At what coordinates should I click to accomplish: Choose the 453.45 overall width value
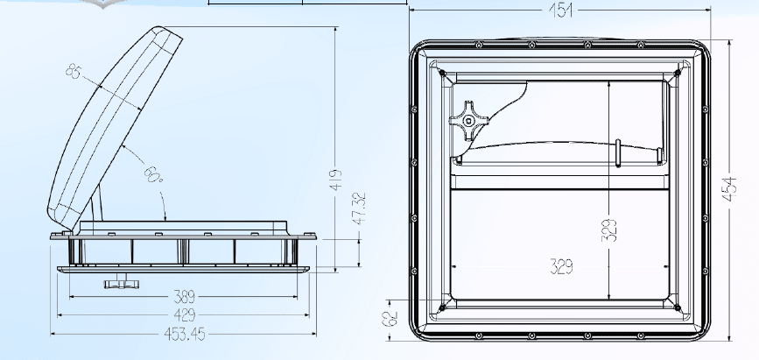pos(183,333)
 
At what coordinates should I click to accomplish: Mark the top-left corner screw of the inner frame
pos(446,72)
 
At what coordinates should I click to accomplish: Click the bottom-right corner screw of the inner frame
pos(678,307)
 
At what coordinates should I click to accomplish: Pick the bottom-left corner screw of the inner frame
pos(445,307)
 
